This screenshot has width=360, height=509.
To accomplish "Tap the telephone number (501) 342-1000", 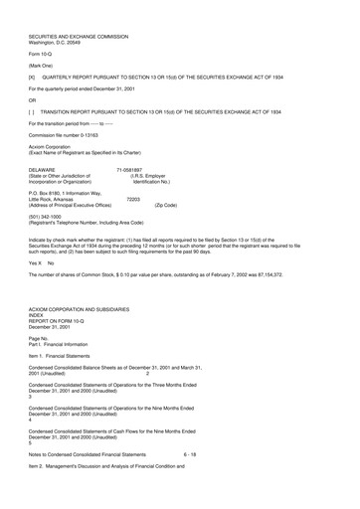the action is point(47,217).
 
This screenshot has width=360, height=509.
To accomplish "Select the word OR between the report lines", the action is point(33,98).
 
